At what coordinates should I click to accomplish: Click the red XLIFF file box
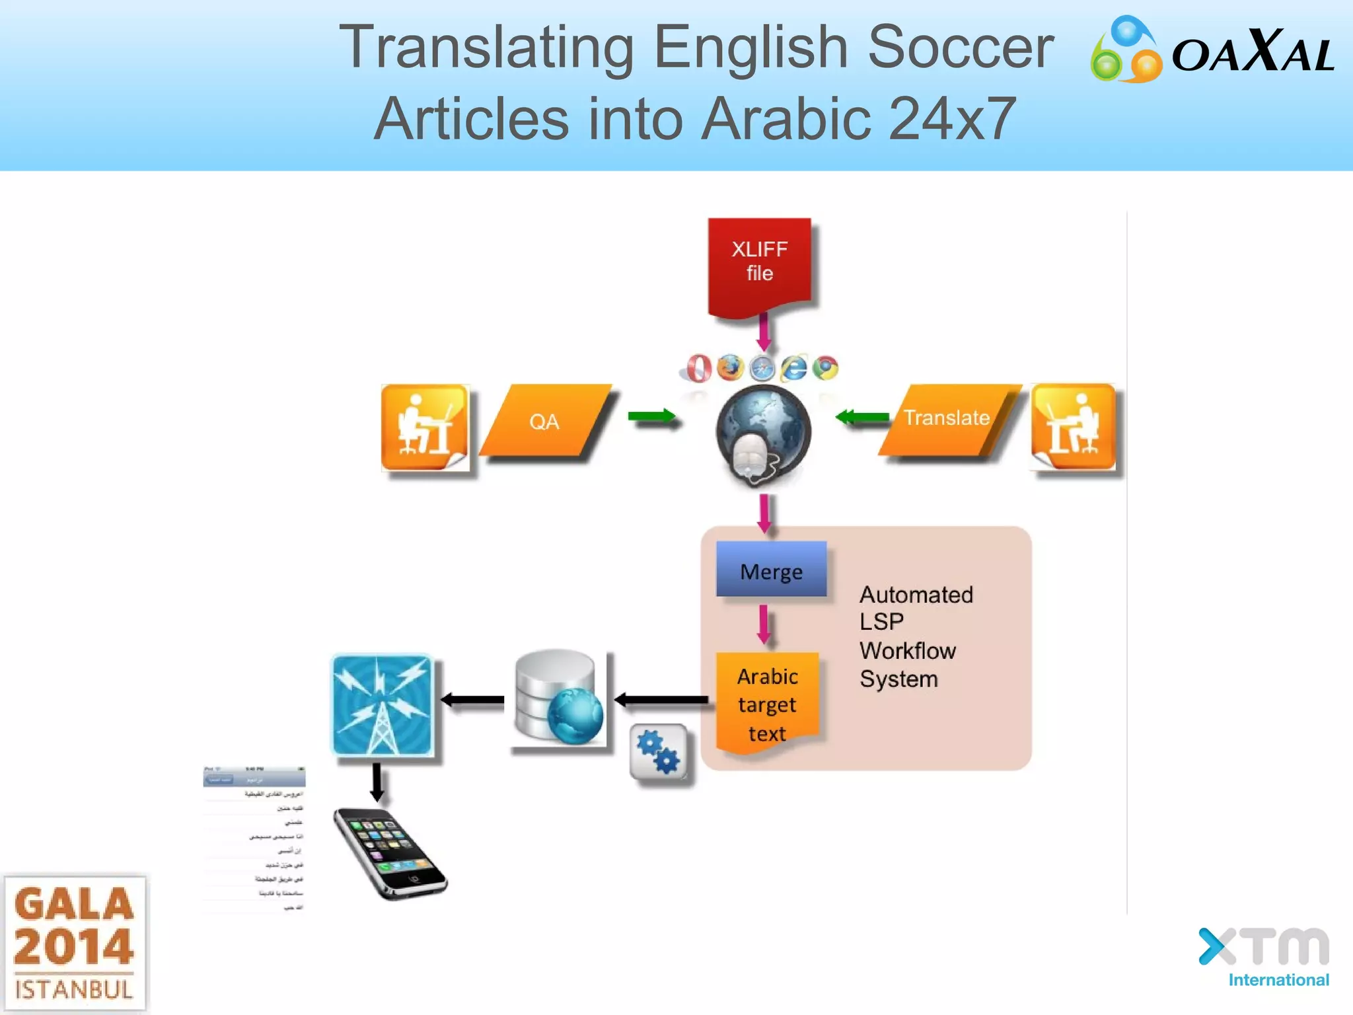(760, 264)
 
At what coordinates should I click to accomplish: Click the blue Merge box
(771, 570)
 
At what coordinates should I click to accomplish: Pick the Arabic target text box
(767, 704)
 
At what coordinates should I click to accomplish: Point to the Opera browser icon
(698, 368)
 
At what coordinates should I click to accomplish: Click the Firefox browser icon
(730, 367)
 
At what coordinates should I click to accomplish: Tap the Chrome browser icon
(825, 367)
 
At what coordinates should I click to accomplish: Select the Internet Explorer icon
(794, 367)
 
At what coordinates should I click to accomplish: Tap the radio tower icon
(382, 705)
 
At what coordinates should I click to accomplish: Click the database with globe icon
(559, 698)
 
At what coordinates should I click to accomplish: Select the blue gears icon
(658, 753)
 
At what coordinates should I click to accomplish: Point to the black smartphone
(389, 853)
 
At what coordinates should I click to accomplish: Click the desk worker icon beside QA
(425, 427)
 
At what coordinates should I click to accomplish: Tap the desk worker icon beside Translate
(1074, 427)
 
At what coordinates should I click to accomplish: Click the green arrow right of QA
(651, 416)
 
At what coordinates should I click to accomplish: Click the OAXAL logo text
(1252, 53)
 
